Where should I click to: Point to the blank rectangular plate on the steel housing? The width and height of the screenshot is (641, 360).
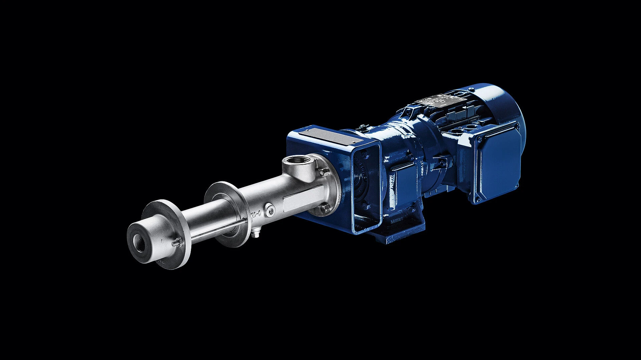click(x=303, y=199)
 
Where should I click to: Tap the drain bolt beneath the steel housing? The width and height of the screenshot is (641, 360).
click(x=256, y=233)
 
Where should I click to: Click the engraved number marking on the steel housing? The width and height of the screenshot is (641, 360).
click(x=255, y=213)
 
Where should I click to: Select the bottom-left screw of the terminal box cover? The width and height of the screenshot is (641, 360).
click(x=478, y=200)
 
